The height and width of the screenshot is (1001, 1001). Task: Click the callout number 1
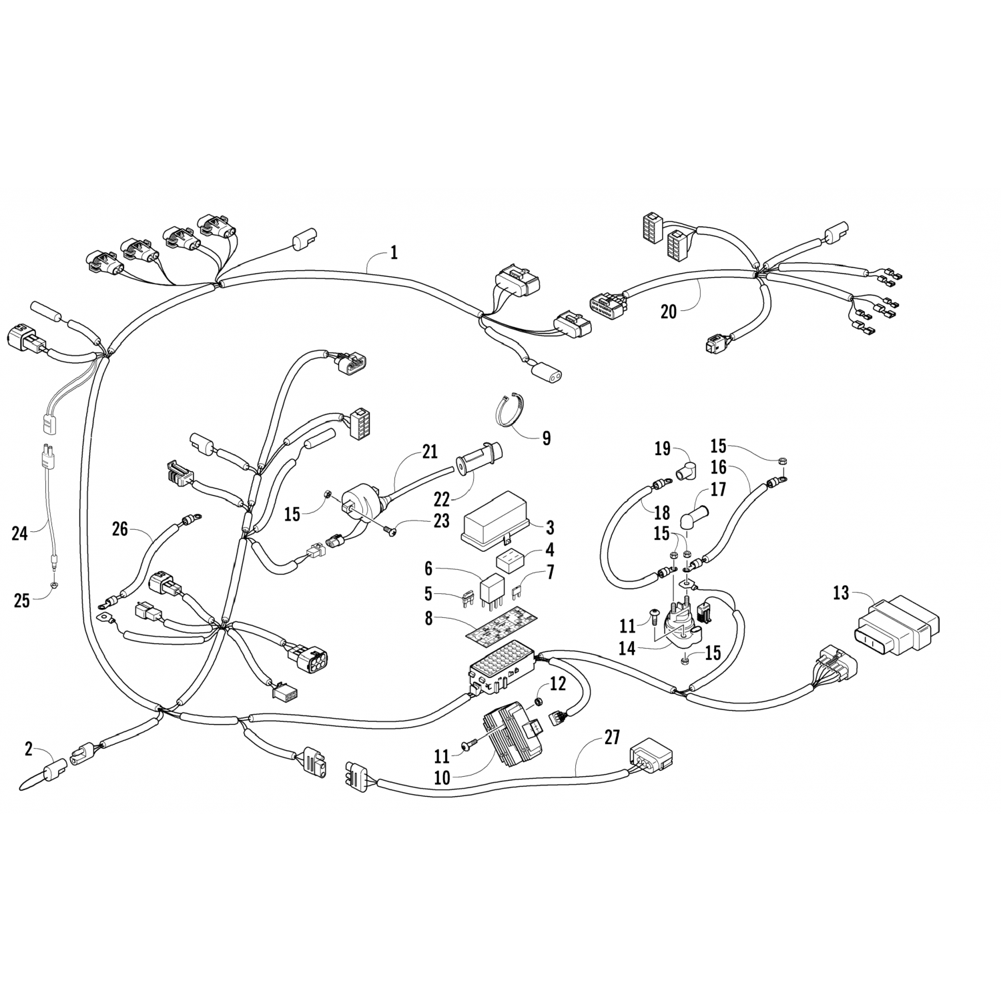click(x=394, y=252)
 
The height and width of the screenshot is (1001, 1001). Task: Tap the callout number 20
click(x=668, y=311)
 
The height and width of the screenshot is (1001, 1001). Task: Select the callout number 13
click(x=842, y=593)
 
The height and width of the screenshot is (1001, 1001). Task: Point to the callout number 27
click(x=611, y=737)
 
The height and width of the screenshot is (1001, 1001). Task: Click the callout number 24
click(x=20, y=533)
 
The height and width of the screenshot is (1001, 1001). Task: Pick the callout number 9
click(x=547, y=438)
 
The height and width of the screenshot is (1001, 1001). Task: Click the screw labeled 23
click(x=390, y=531)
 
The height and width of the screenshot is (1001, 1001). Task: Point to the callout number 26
click(x=120, y=529)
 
